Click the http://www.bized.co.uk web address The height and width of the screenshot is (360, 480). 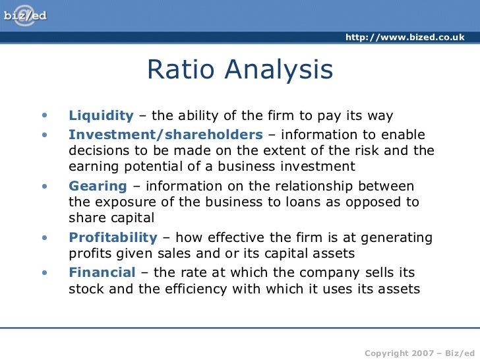tap(404, 37)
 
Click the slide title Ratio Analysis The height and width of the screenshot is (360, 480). tap(240, 70)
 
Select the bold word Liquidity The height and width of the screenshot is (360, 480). tap(101, 116)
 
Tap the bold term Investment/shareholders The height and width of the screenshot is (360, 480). tap(165, 135)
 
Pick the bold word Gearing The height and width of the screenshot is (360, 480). tap(98, 186)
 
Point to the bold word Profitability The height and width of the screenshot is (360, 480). tap(113, 237)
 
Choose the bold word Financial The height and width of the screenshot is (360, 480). tap(102, 272)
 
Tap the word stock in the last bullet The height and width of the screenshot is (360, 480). tap(85, 288)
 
